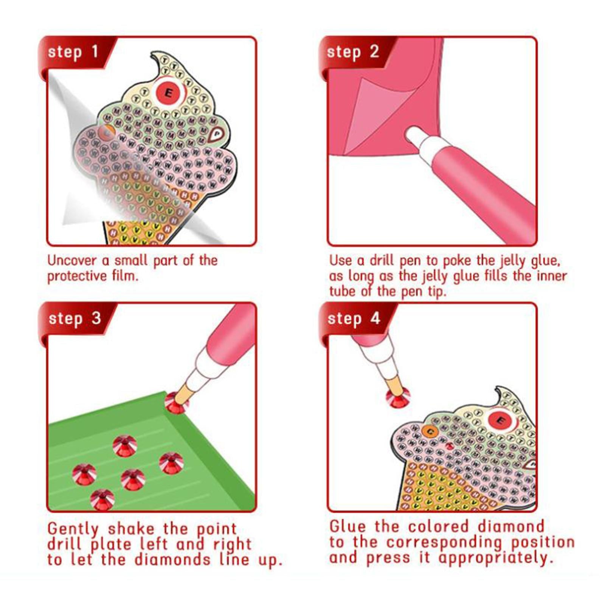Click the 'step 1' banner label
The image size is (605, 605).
(73, 52)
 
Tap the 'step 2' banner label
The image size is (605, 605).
(352, 52)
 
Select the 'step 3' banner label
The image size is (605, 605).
(74, 318)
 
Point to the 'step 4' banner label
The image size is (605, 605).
(354, 318)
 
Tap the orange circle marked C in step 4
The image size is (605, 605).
(430, 431)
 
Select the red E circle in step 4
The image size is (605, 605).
(501, 420)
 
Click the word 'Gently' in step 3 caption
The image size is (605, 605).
(73, 529)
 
